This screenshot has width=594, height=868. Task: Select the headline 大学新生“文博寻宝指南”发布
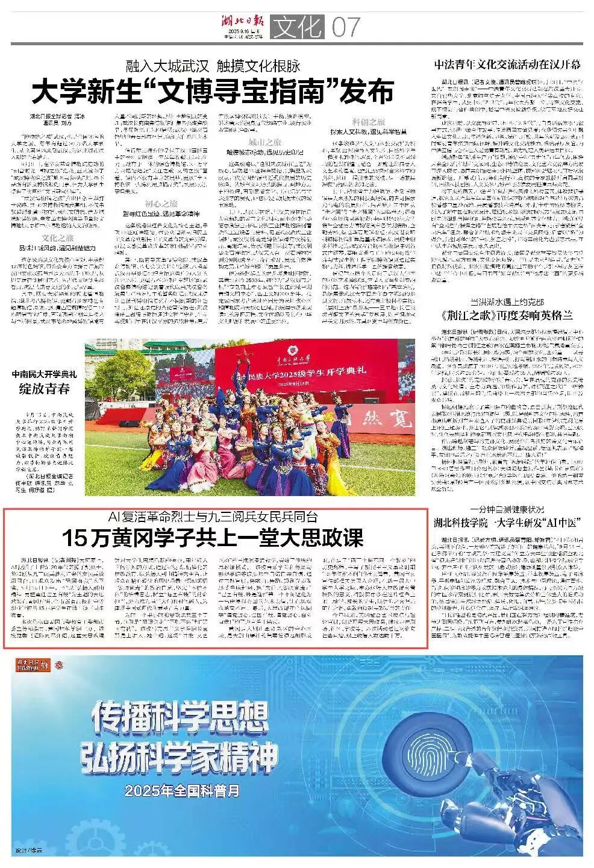tap(213, 92)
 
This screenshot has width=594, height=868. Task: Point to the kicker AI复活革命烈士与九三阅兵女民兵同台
tap(213, 517)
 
